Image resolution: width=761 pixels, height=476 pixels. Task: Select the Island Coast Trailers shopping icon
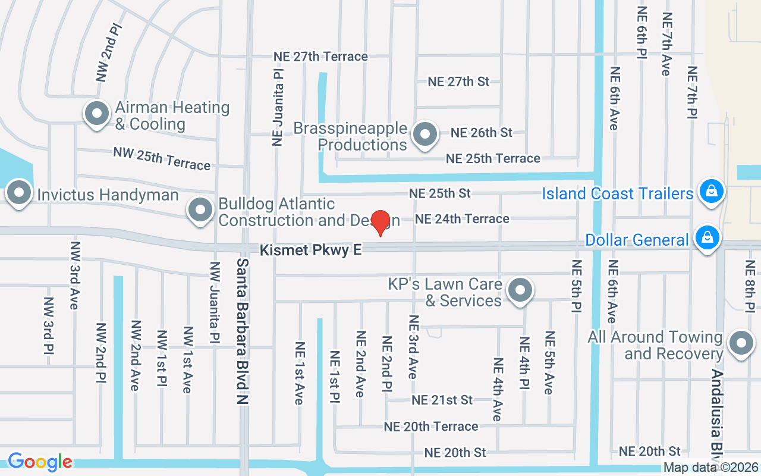[x=710, y=191]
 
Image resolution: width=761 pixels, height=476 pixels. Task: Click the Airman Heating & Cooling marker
[x=96, y=112]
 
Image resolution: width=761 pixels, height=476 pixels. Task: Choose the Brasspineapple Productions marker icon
[x=424, y=134]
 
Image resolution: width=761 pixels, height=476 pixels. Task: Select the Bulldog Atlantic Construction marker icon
[x=200, y=209]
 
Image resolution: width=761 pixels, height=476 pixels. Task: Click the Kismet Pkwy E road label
[x=310, y=250]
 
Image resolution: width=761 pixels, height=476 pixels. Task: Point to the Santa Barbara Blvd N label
[x=242, y=331]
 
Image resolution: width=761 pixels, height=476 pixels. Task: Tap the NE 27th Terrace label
[x=320, y=57]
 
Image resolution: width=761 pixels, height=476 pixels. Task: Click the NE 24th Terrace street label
[x=462, y=219]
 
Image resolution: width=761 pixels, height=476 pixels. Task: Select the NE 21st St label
[x=442, y=400]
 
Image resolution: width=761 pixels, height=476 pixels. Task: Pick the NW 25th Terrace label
[x=162, y=158]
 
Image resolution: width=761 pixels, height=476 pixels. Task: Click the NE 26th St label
[x=481, y=133]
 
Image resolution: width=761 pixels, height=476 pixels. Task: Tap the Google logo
[x=40, y=461]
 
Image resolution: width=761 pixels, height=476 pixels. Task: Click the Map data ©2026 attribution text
[x=710, y=468]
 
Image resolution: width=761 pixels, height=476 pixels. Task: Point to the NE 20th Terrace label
[x=431, y=427]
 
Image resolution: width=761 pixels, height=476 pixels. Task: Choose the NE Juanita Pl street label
[x=277, y=106]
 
